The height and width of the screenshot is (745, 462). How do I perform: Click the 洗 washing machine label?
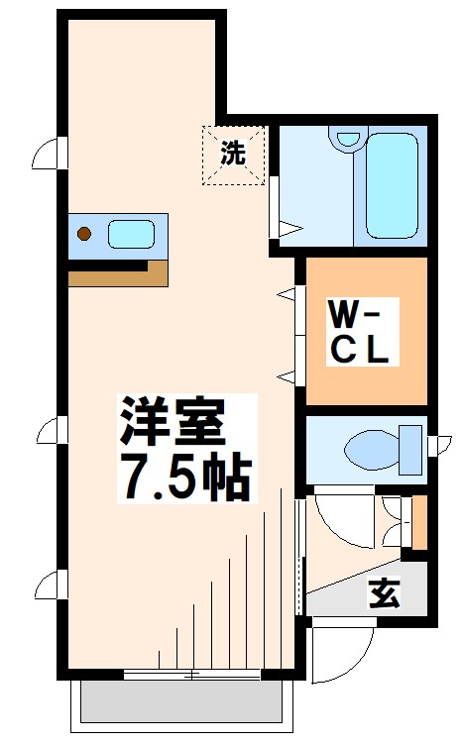pyautogui.click(x=234, y=154)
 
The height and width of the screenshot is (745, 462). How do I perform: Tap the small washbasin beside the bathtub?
pyautogui.click(x=346, y=141)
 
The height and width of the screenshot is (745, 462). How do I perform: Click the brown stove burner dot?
pyautogui.click(x=84, y=235)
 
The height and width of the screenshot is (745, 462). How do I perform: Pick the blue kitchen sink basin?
pyautogui.click(x=131, y=235)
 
